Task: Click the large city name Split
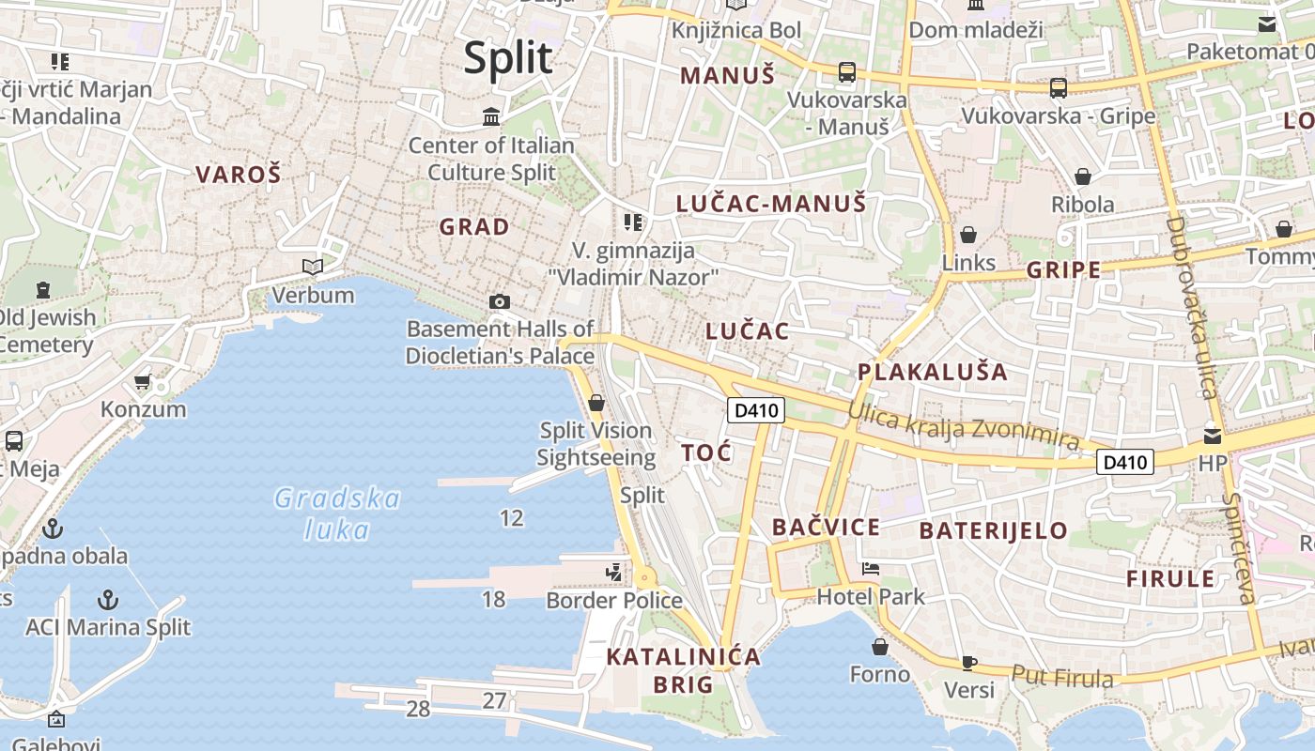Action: tap(508, 58)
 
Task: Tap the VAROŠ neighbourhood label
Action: tap(239, 174)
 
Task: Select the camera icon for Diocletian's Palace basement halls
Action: tap(500, 301)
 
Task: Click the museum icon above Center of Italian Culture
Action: tap(491, 117)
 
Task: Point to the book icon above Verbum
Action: tap(313, 268)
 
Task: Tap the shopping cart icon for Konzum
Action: tap(143, 381)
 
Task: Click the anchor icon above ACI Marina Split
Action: tap(109, 599)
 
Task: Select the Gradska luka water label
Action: tap(337, 513)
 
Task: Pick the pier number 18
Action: tap(493, 599)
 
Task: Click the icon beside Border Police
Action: tap(614, 572)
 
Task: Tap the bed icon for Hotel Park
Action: tap(871, 569)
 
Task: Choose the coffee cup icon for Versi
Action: tap(969, 663)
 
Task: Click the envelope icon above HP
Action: tap(1213, 436)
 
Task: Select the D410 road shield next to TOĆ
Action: tap(755, 410)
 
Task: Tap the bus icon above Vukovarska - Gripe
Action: tap(1059, 88)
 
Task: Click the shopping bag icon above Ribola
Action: tap(1083, 176)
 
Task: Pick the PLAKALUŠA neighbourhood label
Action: tap(932, 372)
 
